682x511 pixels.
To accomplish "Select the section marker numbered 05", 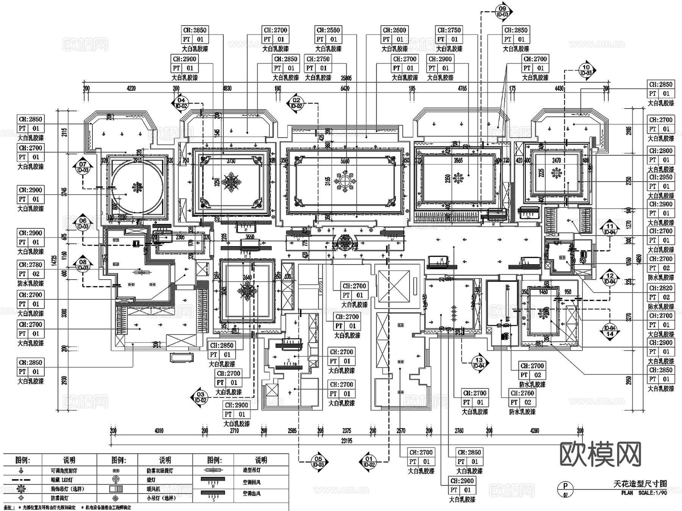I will point(318,461).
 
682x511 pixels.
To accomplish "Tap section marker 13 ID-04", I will point(479,363).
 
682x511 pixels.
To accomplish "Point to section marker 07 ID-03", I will point(83,167).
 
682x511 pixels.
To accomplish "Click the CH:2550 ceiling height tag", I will point(328,30).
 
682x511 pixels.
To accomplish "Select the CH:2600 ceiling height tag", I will point(394,30).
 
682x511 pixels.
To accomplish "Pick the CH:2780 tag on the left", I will point(30,264).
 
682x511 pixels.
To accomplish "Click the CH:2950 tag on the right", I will point(660,177).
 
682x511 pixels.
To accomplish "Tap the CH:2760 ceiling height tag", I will point(522,393).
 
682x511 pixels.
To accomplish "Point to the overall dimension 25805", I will point(346,78).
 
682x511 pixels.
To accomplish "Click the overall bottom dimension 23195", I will point(346,441).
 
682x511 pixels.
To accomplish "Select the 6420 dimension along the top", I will point(345,88).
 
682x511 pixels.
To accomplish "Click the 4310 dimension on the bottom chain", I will point(159,431).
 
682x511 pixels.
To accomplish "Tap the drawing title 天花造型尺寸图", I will point(640,483).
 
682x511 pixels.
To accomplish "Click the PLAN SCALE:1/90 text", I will point(644,493).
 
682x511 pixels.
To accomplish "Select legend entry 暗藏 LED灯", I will point(62,480).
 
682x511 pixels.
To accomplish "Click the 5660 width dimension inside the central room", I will point(345,161).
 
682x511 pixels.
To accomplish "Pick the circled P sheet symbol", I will point(566,486).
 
